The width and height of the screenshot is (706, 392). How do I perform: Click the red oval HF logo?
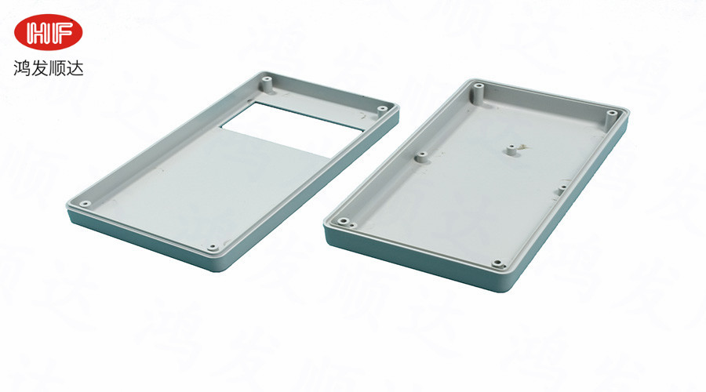(48, 32)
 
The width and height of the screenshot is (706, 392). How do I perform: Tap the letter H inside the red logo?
(38, 32)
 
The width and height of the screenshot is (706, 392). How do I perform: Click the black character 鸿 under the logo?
(22, 68)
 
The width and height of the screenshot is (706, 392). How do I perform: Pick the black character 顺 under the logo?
(57, 68)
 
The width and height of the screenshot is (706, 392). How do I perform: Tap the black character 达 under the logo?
(75, 68)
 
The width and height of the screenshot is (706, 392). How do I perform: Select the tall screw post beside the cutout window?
(267, 85)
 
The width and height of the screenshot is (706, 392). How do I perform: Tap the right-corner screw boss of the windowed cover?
(383, 108)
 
